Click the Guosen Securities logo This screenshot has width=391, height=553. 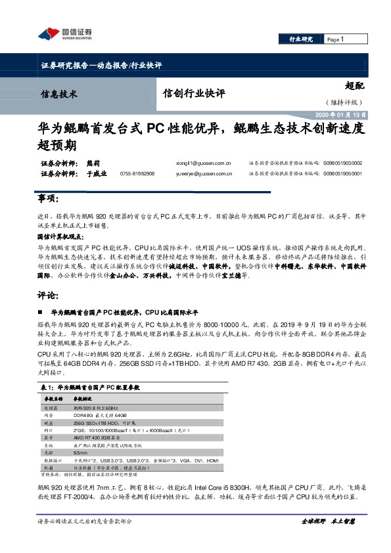point(64,33)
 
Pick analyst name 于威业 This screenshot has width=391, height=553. point(97,174)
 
